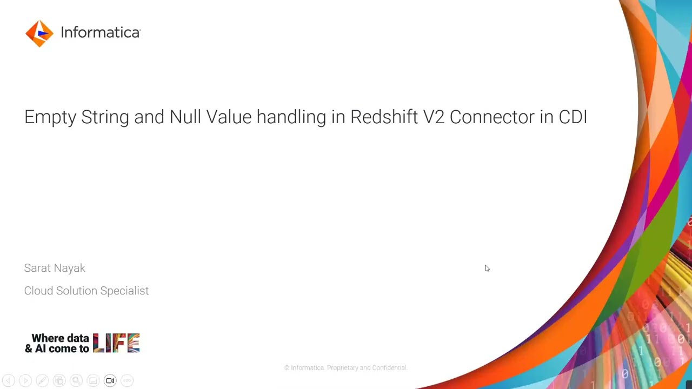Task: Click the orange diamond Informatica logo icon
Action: point(39,33)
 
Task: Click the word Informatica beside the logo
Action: point(100,32)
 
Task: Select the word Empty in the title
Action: point(50,117)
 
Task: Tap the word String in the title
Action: point(105,117)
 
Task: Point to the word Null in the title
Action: point(185,117)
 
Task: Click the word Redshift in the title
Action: point(383,117)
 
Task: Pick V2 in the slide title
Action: point(434,117)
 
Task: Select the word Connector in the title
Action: point(491,117)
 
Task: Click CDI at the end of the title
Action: point(573,117)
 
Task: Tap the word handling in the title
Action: point(291,117)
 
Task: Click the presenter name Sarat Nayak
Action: point(55,269)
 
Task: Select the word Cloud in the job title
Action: point(38,291)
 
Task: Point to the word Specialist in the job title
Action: point(124,291)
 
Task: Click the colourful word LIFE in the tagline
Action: point(116,343)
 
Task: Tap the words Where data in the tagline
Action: point(60,338)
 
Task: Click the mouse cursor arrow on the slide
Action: point(487,269)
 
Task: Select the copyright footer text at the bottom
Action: point(345,368)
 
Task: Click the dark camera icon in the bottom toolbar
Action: point(110,381)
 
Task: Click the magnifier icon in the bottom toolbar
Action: point(76,381)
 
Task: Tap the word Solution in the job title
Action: point(77,291)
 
